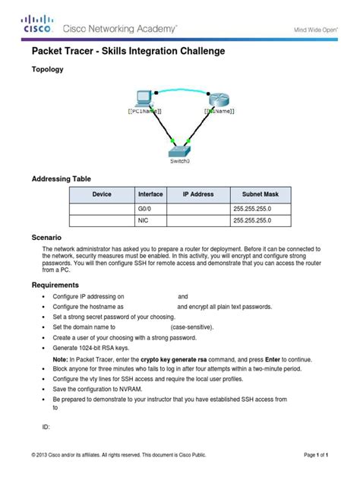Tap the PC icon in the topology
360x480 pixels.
(142, 98)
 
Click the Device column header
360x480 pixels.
(102, 194)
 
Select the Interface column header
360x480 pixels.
(150, 194)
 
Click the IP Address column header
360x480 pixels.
(198, 194)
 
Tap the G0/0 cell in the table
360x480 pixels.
(145, 208)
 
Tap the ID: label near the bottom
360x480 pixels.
(46, 427)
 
